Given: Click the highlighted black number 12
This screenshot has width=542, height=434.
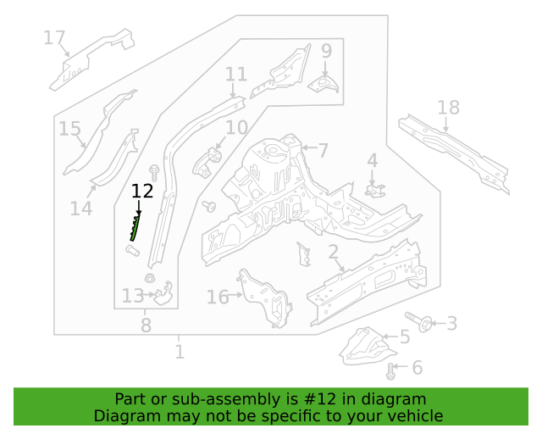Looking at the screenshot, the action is pos(142,192).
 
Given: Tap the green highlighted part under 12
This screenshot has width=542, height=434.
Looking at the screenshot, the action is pos(135,227).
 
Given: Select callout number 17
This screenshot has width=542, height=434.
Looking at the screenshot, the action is pos(54,38).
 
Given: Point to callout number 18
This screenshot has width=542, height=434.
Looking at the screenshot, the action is pos(448,108).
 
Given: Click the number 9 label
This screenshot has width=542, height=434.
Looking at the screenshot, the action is pos(326,51).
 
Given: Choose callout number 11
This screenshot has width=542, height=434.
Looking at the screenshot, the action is pos(236,75).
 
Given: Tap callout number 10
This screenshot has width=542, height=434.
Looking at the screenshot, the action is pos(236,128).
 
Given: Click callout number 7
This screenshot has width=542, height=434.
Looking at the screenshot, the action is pos(323,151).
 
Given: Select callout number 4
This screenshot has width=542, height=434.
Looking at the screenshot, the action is pos(372,161).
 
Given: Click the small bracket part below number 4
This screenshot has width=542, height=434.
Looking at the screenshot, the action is pos(374,191).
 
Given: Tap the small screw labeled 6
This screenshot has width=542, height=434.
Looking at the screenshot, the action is pos(390,371).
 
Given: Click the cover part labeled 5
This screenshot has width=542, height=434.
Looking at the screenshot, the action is pos(367,347).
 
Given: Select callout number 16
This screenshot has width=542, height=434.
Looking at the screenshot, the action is pos(218,298).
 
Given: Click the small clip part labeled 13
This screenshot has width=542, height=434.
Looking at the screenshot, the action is pos(163,293).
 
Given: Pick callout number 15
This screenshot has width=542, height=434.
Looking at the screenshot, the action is pos(69,129).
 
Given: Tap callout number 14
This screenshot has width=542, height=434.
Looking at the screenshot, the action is pos(81,209).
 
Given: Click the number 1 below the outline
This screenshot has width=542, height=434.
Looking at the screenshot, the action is pos(180,352).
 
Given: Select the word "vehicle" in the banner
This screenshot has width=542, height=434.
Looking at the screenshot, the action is pos(417,416).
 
